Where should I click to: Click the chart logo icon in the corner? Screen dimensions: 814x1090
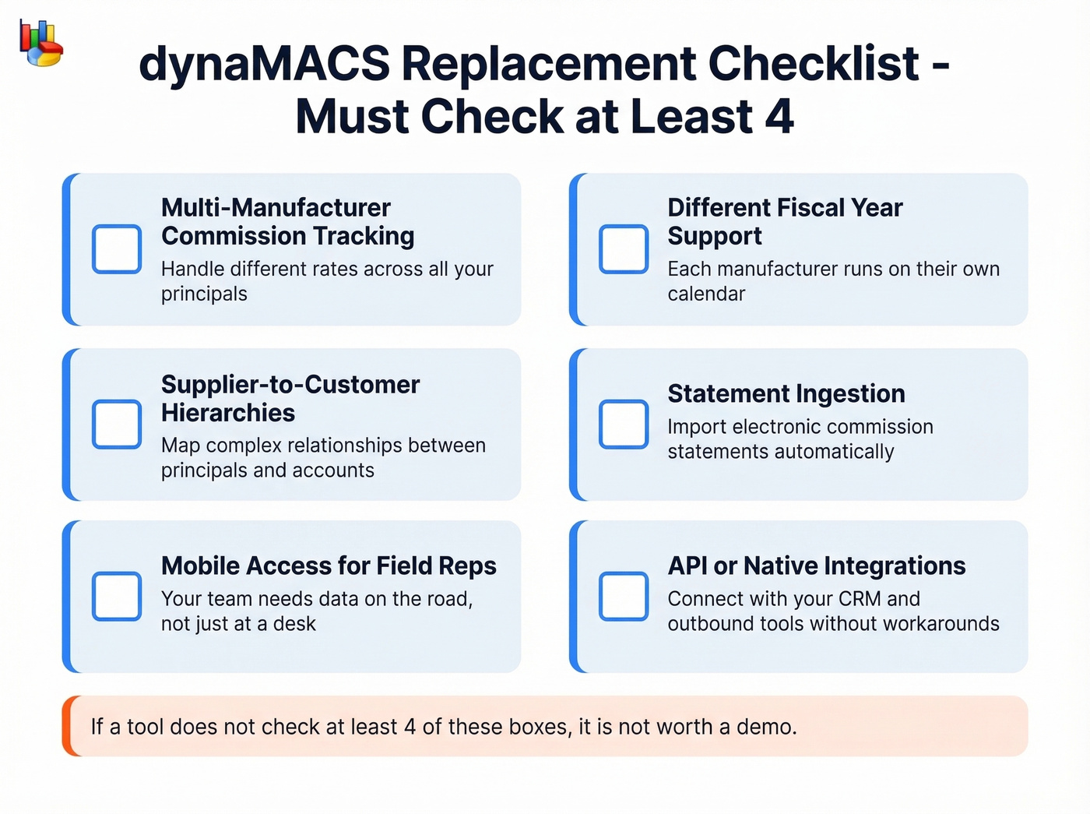tap(41, 44)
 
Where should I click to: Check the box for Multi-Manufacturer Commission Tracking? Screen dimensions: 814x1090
tap(117, 249)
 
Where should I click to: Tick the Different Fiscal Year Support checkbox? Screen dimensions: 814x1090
tap(624, 249)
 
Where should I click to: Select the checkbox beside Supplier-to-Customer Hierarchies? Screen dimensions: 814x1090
tap(117, 425)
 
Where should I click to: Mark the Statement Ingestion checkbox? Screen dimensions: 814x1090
tap(624, 425)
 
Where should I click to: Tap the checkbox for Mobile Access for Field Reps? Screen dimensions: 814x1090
tap(117, 597)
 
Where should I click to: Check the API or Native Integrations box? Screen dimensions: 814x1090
tap(624, 597)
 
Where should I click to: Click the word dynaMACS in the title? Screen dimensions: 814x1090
tap(265, 64)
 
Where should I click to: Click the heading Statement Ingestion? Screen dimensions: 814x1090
tap(786, 394)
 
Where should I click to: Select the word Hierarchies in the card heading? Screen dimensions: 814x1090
tap(228, 413)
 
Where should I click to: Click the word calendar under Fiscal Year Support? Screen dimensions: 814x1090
tap(706, 294)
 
